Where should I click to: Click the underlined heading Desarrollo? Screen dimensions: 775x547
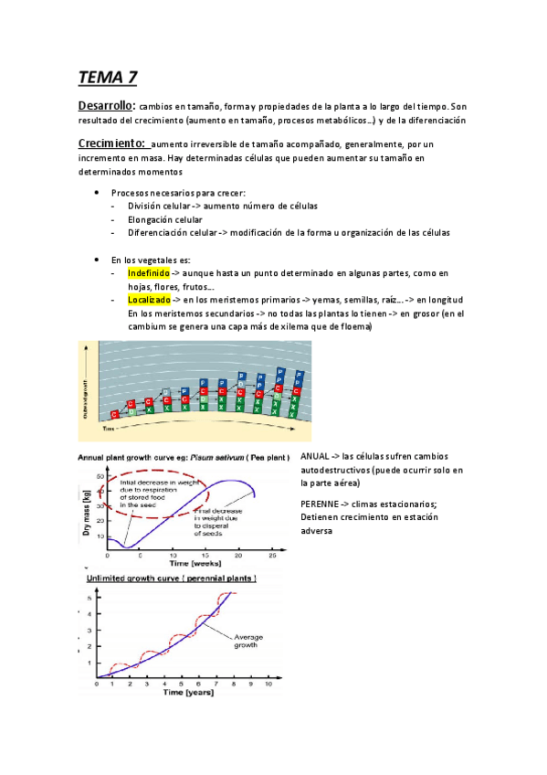click(x=106, y=106)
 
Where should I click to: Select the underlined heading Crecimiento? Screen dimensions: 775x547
click(x=111, y=143)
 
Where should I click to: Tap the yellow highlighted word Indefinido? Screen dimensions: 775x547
click(x=149, y=273)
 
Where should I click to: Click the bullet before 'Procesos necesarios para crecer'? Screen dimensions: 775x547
click(x=96, y=193)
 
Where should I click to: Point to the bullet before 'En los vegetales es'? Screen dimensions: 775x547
click(x=96, y=260)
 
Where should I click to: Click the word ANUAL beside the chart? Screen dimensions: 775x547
click(x=314, y=456)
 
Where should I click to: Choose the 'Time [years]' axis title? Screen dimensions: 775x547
click(x=188, y=693)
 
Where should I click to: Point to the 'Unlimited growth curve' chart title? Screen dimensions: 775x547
click(x=171, y=579)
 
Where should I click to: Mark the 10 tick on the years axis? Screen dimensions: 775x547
click(x=268, y=682)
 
